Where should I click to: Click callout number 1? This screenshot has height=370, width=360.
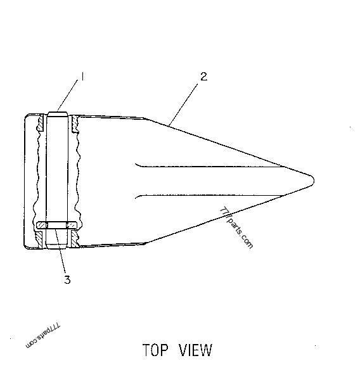82,77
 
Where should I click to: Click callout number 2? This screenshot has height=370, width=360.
203,77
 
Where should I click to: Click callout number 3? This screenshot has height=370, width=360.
67,279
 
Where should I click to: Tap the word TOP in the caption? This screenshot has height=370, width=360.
155,350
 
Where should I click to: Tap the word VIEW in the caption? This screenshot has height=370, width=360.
195,350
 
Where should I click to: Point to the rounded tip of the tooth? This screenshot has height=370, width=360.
313,181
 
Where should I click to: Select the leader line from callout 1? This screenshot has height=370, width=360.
68,95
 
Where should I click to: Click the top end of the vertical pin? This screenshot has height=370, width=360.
58,114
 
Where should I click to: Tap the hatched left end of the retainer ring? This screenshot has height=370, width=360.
42,225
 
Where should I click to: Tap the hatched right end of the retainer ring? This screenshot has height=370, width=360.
71,225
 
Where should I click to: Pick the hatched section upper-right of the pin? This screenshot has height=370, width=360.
75,124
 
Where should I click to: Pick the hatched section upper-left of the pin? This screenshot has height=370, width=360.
41,123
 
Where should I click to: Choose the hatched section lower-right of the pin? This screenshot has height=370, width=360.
75,239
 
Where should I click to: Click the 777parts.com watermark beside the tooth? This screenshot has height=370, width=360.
236,228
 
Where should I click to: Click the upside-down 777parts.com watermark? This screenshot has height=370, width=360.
42,335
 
